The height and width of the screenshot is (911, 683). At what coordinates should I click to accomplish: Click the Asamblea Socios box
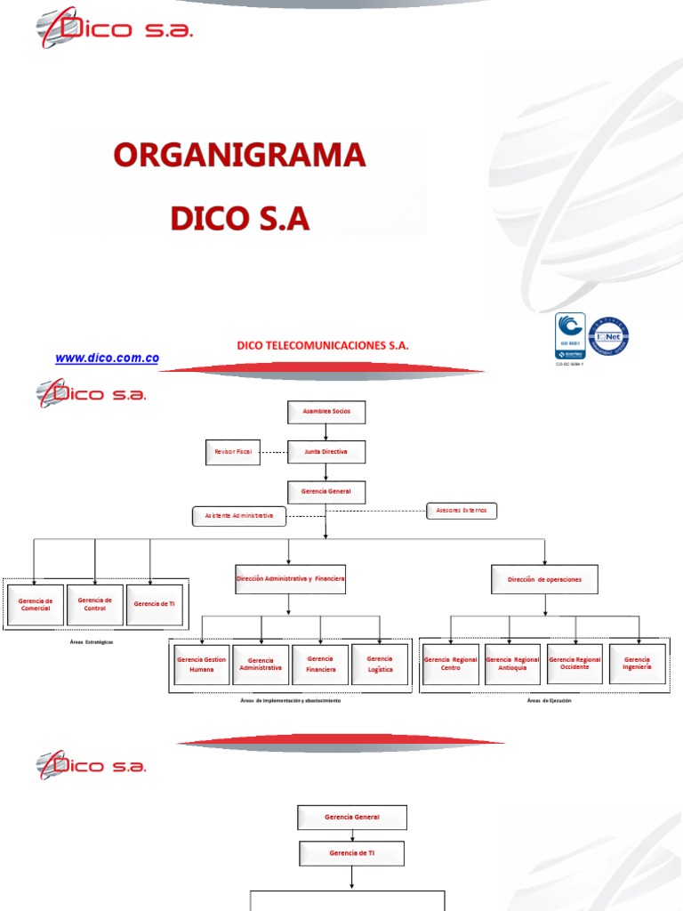point(325,413)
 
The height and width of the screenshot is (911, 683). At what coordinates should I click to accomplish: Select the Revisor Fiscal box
point(233,452)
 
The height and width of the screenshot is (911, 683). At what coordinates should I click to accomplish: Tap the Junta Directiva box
point(325,452)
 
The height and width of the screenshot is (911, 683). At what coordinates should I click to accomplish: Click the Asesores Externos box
point(462,511)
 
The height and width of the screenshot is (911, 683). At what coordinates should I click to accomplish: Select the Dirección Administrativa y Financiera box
point(290,579)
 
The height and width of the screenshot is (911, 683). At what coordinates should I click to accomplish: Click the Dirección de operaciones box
point(544,580)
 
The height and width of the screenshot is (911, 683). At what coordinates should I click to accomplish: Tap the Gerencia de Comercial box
point(36,604)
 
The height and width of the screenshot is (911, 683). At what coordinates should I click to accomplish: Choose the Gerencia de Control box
point(94,604)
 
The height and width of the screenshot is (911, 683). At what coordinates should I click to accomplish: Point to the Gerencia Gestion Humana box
point(202,665)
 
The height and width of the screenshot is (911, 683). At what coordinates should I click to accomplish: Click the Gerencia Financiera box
point(320,665)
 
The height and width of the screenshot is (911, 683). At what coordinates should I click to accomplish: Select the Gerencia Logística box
point(380,665)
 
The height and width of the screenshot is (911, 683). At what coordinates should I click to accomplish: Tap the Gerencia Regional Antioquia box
point(512,665)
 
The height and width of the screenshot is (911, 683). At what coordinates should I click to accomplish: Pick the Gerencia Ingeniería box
point(637,664)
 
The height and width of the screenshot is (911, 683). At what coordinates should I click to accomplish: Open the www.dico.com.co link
point(107,358)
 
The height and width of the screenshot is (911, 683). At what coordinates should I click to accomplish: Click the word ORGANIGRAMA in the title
point(239,155)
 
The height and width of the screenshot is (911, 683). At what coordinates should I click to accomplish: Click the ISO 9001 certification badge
point(569,336)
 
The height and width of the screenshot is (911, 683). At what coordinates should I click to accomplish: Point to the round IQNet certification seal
point(608,336)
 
